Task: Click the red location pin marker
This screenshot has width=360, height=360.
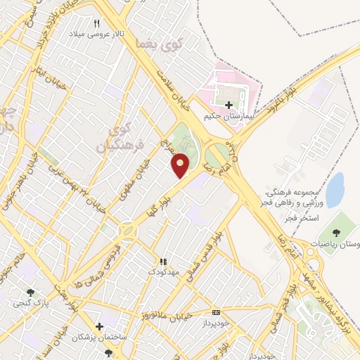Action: [181, 165]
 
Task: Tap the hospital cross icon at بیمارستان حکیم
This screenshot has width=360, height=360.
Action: [226, 105]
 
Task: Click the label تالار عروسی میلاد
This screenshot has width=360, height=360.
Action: [96, 33]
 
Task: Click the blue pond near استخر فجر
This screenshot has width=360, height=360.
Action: [335, 189]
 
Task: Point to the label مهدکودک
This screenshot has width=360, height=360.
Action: [163, 271]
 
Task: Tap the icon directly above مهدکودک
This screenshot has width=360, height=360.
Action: [163, 262]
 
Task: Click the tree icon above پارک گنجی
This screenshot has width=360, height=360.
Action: [30, 293]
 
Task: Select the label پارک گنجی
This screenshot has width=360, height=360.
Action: [27, 304]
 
